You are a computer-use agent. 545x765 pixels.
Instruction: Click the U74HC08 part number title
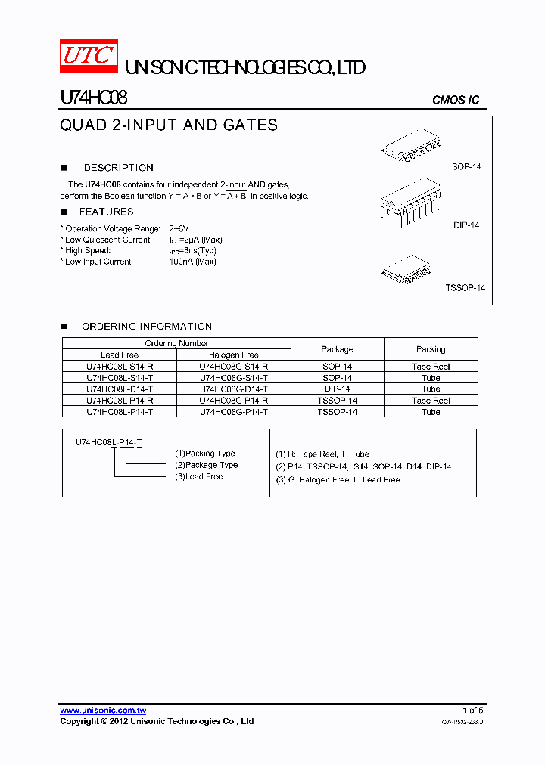pos(93,98)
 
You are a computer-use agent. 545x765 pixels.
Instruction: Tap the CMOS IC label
pos(455,101)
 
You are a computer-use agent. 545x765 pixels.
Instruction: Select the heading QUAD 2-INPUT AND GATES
pos(169,125)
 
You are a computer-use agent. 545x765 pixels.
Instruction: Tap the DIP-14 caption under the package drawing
pos(466,225)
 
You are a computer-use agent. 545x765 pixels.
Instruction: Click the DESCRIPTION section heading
pos(118,168)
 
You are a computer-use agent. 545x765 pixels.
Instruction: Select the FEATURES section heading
pos(106,212)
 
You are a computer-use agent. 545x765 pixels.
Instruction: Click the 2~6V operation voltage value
pos(179,228)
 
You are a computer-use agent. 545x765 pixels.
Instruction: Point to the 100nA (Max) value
pos(192,262)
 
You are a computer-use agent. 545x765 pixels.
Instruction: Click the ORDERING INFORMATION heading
pos(147,327)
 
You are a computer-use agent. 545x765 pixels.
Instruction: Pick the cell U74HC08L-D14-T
pos(120,389)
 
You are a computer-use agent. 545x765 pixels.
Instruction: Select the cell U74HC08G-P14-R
pos(234,401)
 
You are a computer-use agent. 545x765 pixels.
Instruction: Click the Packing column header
pos(431,349)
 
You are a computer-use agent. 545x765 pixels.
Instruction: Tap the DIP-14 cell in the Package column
pos(337,389)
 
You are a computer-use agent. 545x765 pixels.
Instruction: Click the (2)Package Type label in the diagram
pos(206,465)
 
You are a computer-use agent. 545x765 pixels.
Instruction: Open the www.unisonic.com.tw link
pos(103,711)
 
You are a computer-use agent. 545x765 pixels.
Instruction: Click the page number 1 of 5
pos(472,711)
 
